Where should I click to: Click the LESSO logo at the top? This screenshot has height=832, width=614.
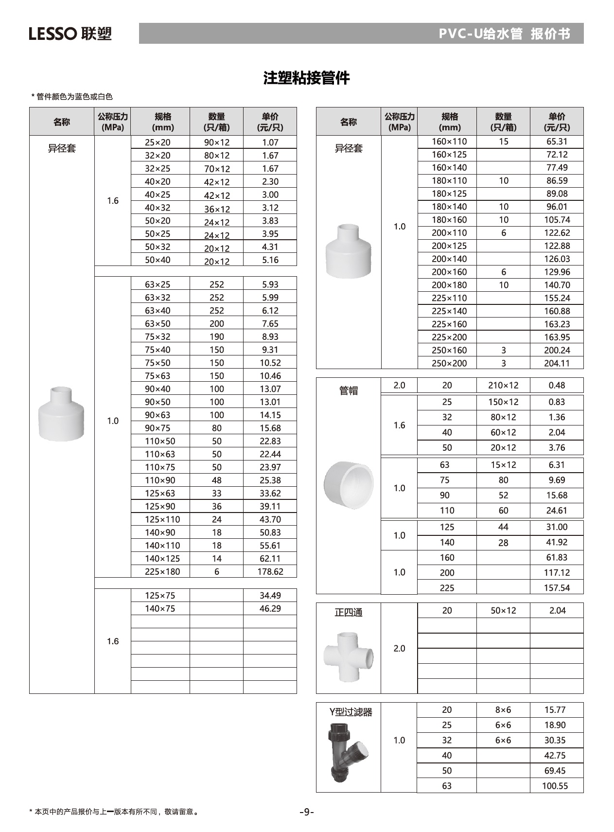pos(70,34)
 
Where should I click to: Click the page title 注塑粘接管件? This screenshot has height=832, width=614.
pos(306,78)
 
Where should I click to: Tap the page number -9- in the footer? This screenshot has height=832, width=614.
pos(306,812)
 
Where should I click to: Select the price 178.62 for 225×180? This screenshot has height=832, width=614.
pos(270,571)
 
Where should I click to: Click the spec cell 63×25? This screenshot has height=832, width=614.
pos(158,284)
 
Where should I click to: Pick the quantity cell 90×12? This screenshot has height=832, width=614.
pos(216,142)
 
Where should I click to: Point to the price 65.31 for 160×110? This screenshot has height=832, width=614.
pos(557,142)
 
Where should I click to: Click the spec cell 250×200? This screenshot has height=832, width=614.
pos(449,363)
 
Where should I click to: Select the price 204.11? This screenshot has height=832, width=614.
pos(557,363)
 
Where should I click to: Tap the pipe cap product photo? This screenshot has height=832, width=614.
pos(348,483)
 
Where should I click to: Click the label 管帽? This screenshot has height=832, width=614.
pos(348,390)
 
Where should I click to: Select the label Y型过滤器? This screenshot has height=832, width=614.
pos(351,712)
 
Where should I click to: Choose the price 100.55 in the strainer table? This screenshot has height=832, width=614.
pos(555,786)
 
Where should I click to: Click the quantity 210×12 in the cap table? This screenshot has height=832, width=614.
pos(503,385)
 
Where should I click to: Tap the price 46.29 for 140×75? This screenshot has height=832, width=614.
pos(270,608)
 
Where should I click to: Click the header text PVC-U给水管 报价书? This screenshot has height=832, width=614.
pos(504,34)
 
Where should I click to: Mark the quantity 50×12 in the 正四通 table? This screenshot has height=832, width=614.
pos(503,610)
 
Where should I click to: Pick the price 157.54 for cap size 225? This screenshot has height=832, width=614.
pos(557,588)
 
